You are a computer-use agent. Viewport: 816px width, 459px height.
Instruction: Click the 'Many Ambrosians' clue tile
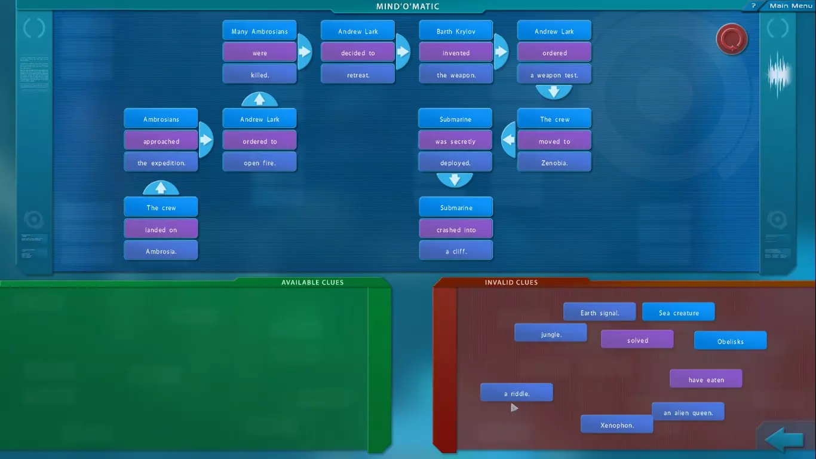[x=259, y=31]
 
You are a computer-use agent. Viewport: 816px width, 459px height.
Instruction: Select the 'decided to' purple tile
[x=358, y=53]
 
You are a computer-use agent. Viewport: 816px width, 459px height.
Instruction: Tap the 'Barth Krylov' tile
[x=456, y=31]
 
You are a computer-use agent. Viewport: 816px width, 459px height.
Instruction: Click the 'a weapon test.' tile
[x=554, y=75]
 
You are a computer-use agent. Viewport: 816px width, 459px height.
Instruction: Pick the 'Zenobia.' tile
[x=554, y=163]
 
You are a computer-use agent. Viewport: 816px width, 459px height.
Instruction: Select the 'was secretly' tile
[x=455, y=141]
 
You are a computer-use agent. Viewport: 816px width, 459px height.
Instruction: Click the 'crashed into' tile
[x=456, y=229]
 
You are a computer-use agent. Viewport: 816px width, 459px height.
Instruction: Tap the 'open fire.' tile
[x=259, y=163]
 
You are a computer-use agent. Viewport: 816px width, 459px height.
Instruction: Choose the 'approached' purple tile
[x=161, y=141]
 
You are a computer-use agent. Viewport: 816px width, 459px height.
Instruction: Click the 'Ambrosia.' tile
[x=161, y=251]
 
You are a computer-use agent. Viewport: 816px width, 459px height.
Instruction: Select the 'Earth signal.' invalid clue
[x=599, y=313]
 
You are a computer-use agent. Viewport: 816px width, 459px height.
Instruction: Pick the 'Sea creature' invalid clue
[x=678, y=313]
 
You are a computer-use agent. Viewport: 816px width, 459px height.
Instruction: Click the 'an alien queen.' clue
[x=688, y=412]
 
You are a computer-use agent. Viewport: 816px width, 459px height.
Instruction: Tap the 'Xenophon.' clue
[x=616, y=425]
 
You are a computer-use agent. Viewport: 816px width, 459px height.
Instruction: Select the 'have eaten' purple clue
[x=705, y=380]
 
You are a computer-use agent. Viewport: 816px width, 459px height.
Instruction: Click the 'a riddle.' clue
[x=516, y=393]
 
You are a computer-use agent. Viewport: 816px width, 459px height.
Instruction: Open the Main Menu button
[x=790, y=6]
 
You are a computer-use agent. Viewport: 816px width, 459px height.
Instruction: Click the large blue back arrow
[x=784, y=440]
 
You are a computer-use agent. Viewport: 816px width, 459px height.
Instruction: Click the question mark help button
[x=753, y=6]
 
